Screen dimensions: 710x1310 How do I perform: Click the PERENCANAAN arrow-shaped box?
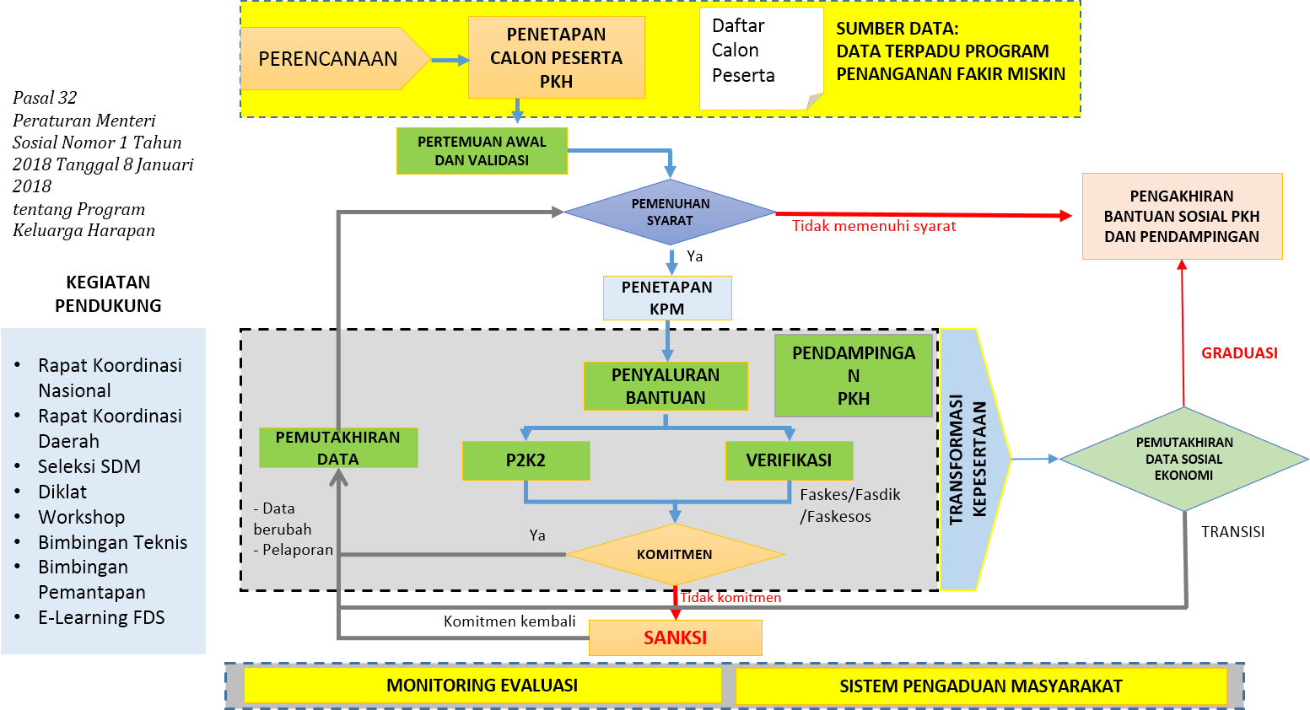[x=329, y=59]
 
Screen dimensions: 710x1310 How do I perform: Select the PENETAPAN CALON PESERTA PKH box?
[x=556, y=57]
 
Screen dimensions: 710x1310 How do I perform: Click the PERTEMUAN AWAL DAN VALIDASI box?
[x=482, y=151]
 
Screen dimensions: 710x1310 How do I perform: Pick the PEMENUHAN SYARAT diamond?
[x=670, y=212]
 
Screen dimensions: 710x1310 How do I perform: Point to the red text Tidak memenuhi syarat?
[x=874, y=226]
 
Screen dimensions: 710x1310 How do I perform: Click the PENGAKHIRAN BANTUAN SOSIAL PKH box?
[x=1181, y=216]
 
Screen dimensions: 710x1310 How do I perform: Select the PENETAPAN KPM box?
[x=666, y=298]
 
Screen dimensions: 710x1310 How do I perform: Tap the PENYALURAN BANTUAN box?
[x=666, y=386]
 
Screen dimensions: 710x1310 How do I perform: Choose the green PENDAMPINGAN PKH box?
[x=853, y=375]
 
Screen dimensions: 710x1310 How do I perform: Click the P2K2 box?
[x=526, y=460]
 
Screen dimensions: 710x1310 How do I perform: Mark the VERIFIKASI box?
[x=789, y=460]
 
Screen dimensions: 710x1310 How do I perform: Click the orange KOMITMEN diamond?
[x=674, y=554]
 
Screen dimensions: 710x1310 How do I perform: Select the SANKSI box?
[x=675, y=637]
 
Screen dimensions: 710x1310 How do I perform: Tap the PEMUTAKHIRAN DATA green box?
[x=337, y=448]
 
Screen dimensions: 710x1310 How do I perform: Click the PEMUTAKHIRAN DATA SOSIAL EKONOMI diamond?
[x=1183, y=459]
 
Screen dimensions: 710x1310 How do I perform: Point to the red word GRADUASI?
[x=1238, y=353]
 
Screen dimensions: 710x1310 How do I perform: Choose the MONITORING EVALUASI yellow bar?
[x=482, y=686]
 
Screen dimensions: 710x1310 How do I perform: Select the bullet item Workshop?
[x=81, y=517]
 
